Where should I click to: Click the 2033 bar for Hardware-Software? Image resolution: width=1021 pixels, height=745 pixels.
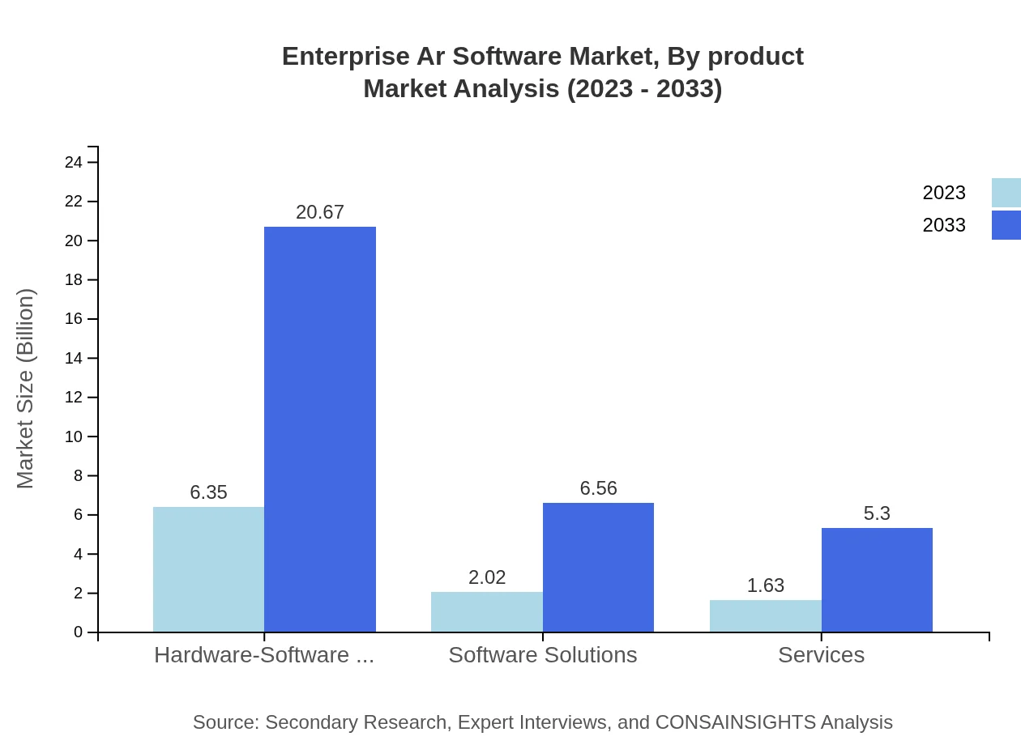(x=320, y=429)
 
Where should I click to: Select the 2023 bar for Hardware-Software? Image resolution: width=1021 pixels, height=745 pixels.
(x=208, y=569)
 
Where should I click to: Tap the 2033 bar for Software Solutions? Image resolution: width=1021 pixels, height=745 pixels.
(x=598, y=567)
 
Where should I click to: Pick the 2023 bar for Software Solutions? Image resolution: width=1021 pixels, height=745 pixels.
(x=486, y=611)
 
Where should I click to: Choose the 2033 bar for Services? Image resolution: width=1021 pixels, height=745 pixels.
(x=877, y=580)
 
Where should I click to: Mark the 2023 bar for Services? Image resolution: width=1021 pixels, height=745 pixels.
(x=765, y=615)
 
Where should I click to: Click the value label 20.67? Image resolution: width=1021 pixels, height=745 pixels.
(x=320, y=212)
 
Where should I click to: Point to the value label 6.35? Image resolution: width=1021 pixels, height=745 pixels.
(x=208, y=492)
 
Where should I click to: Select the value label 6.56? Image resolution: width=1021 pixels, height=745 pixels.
(x=598, y=488)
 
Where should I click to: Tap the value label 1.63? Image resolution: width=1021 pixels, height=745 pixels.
(x=765, y=585)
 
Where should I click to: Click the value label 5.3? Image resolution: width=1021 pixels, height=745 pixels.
(x=877, y=513)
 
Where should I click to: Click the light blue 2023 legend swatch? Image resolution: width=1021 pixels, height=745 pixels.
(x=1006, y=193)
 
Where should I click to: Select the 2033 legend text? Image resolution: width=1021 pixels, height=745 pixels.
(x=944, y=225)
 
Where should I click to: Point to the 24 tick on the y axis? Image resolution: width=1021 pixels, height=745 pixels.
(x=74, y=162)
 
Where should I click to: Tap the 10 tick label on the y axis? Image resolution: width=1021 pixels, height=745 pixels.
(x=74, y=436)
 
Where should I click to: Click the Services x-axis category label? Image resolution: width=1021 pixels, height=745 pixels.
(x=821, y=654)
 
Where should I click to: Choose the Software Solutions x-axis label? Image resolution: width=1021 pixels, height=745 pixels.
(x=542, y=654)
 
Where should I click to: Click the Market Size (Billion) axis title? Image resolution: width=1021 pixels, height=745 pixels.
(x=25, y=389)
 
